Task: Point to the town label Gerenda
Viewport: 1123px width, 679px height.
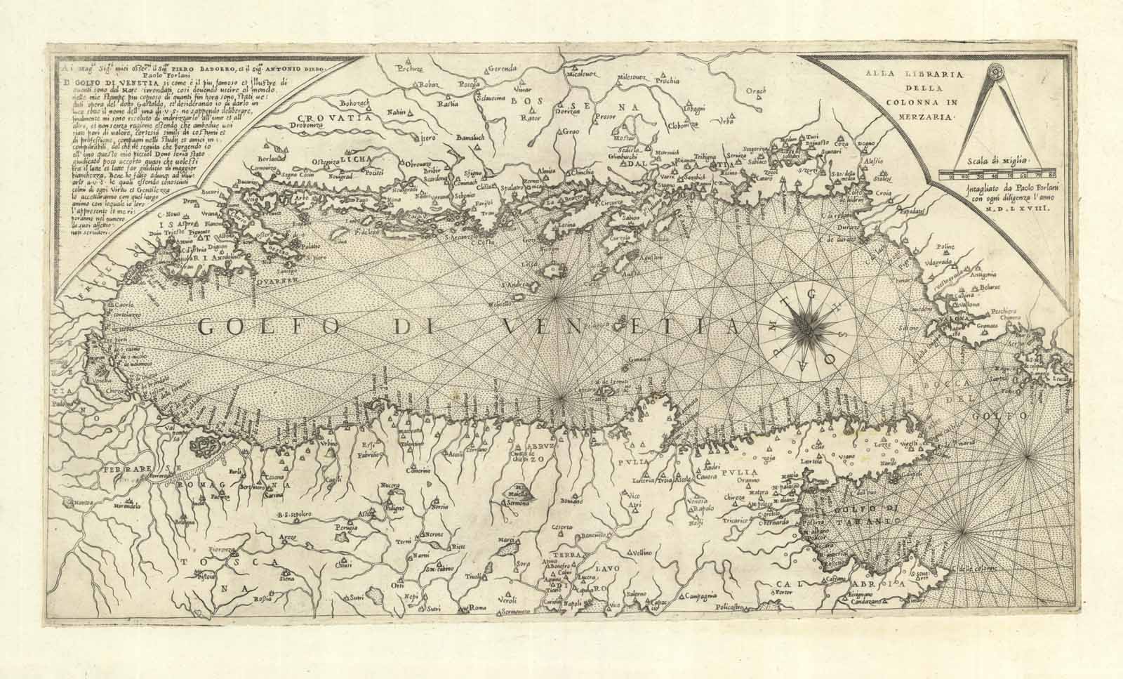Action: [x=503, y=68]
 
